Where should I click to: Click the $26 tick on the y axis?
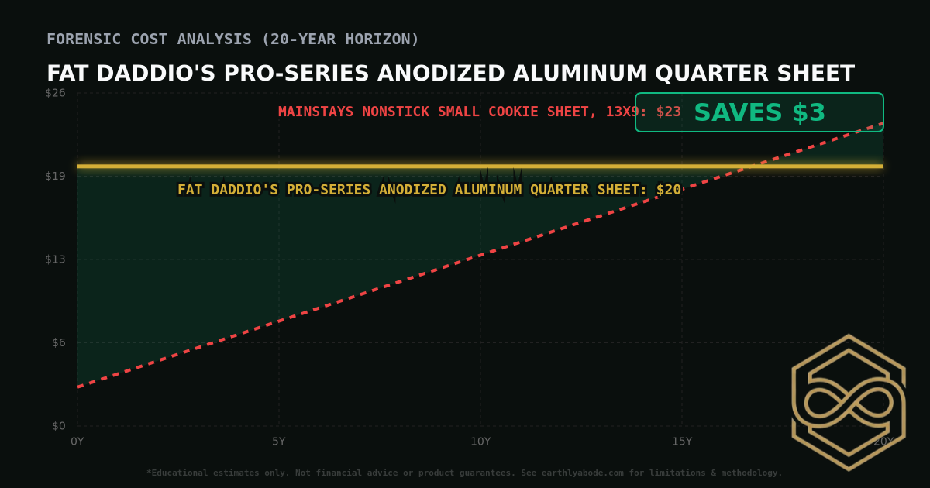[56, 93]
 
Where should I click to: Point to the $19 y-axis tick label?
[56, 176]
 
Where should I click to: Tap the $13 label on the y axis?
[56, 259]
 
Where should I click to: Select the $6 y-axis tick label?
[58, 342]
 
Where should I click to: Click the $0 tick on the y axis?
[58, 426]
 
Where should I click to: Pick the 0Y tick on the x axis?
[77, 442]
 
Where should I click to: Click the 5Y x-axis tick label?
[279, 442]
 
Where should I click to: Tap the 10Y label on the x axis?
[480, 442]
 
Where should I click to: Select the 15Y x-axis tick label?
[682, 442]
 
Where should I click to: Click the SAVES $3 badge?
[759, 112]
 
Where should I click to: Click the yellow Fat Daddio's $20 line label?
[429, 190]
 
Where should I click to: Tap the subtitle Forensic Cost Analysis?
[232, 39]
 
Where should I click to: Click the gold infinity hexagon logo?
[848, 402]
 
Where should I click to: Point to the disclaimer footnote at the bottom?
[464, 473]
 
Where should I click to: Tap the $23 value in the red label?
[669, 112]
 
